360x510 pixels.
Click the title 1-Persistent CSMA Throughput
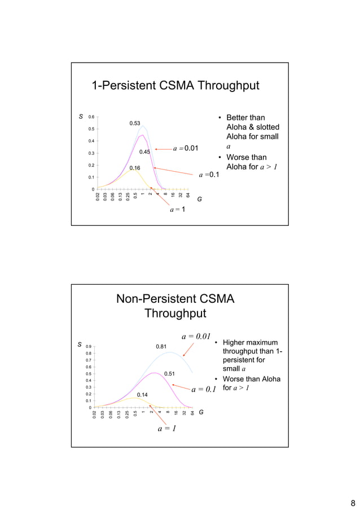(x=175, y=86)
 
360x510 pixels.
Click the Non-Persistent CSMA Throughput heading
(x=175, y=306)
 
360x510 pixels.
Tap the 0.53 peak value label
(x=135, y=123)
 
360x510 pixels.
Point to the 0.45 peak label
(x=144, y=152)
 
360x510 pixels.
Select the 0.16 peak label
(x=135, y=168)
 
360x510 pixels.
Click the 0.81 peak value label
(x=161, y=346)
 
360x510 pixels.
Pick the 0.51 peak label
(x=169, y=373)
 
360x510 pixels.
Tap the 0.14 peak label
(x=142, y=394)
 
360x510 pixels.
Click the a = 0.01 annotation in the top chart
(x=186, y=149)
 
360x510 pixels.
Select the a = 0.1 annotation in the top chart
(x=209, y=176)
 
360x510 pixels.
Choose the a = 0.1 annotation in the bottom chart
(x=204, y=389)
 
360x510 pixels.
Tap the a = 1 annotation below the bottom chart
(x=166, y=429)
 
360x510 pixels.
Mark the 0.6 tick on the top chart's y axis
(x=91, y=117)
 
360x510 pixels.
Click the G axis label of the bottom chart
(x=201, y=412)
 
